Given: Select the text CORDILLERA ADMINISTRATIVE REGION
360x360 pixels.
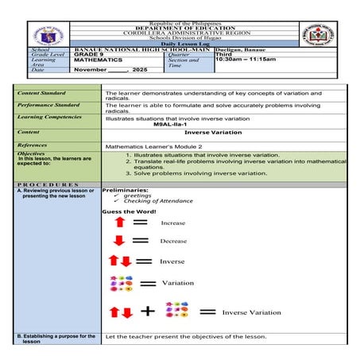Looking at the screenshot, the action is click(x=180, y=35).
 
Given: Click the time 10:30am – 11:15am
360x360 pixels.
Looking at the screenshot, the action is click(x=246, y=59).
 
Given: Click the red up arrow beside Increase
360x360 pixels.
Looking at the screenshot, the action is click(x=119, y=223).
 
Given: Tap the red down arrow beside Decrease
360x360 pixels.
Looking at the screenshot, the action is click(x=119, y=241).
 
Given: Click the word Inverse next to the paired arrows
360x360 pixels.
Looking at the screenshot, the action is click(x=172, y=261).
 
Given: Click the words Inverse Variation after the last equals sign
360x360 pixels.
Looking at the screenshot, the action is click(x=251, y=312).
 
